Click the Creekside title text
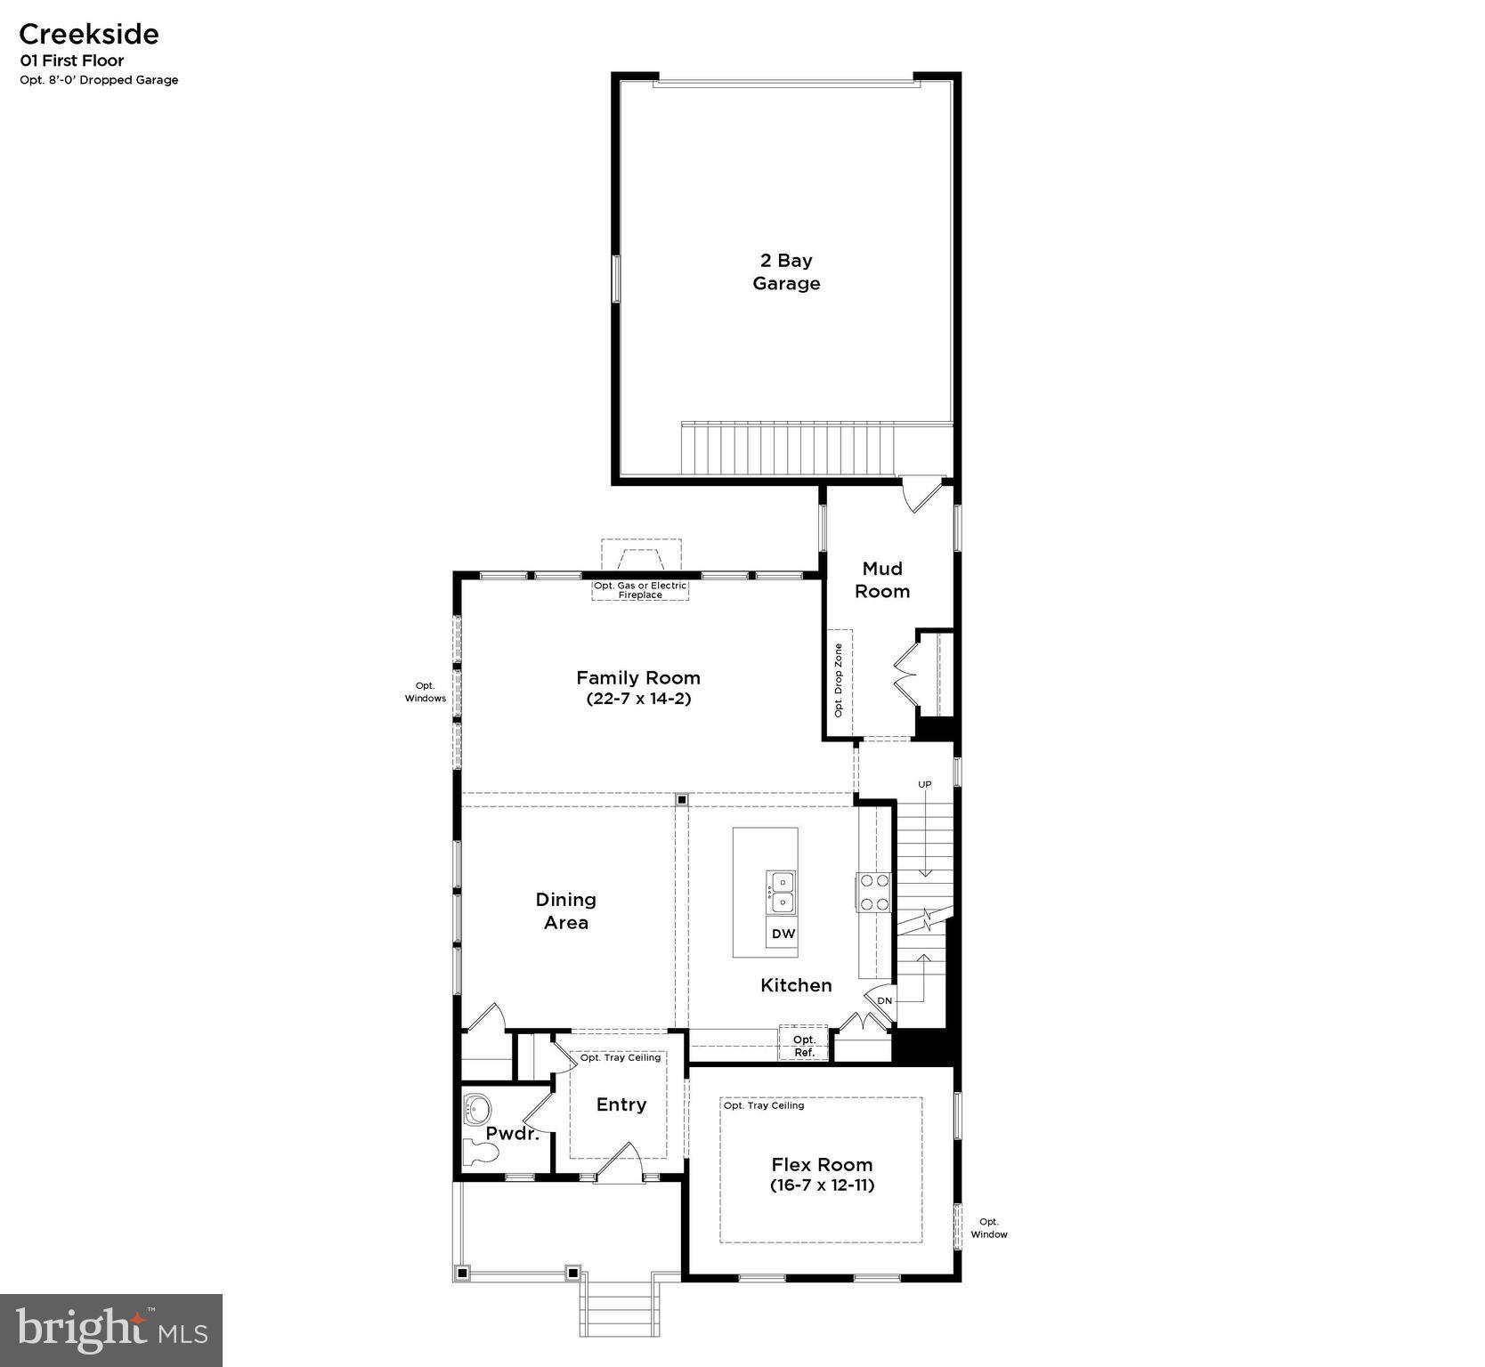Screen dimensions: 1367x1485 (x=88, y=34)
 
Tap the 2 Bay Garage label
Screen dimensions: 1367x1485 (x=786, y=271)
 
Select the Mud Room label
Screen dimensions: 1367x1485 (x=882, y=579)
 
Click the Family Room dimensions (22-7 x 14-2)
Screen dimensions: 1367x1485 (x=638, y=699)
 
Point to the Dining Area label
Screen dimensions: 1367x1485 (x=566, y=910)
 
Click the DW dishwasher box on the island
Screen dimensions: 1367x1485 (x=783, y=934)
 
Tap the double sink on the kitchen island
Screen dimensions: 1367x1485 (x=781, y=892)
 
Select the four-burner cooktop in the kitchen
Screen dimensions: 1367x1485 (x=873, y=892)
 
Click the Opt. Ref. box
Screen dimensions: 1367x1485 (x=804, y=1046)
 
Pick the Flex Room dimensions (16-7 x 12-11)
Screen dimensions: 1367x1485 (x=822, y=1185)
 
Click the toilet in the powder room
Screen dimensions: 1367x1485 (x=481, y=1153)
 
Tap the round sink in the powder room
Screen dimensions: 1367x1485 (x=478, y=1109)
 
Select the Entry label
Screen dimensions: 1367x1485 (x=621, y=1104)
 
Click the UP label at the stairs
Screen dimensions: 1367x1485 (x=925, y=784)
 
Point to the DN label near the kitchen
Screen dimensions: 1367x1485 (x=884, y=1000)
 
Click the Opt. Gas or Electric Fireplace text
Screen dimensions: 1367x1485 (x=640, y=590)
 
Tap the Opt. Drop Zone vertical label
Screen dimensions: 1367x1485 (x=838, y=681)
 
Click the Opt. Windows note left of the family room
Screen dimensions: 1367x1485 (x=426, y=692)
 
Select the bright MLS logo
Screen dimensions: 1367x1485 (x=111, y=1330)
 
